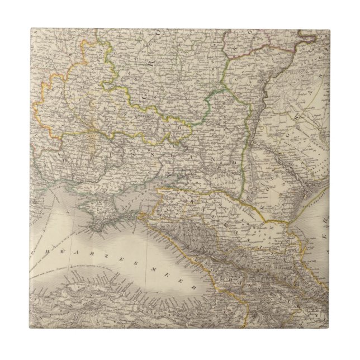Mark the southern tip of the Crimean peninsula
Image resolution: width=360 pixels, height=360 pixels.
(99, 228)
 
